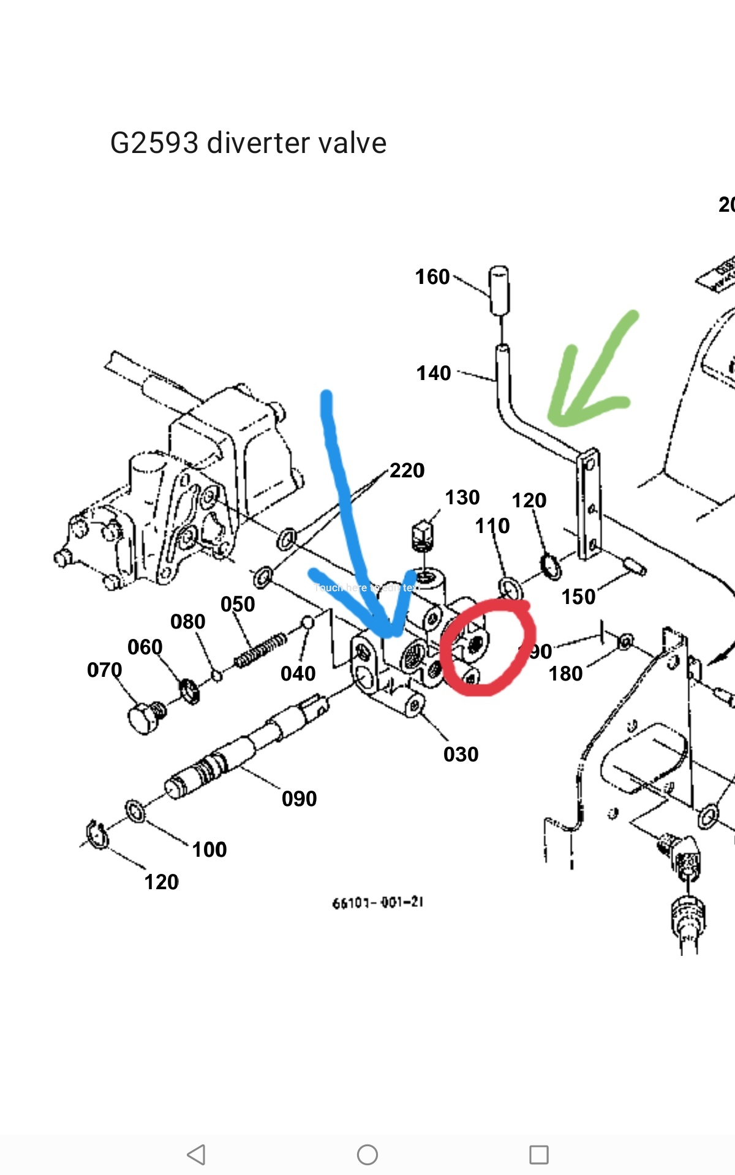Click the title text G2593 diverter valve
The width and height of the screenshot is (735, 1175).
tap(248, 143)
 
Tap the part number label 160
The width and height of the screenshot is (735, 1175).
tap(432, 277)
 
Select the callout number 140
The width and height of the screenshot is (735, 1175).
tap(434, 373)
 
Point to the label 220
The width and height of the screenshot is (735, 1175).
tap(407, 471)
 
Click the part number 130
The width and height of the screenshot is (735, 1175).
tap(462, 498)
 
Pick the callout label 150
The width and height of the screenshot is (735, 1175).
tap(578, 597)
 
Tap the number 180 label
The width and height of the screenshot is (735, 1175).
tap(565, 674)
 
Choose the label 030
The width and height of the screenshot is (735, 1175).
tap(461, 755)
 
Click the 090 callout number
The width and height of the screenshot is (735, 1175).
tap(300, 799)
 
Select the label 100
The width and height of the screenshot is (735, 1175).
tap(209, 849)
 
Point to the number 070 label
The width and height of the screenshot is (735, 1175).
tap(105, 670)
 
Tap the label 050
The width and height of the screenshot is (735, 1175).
tap(238, 605)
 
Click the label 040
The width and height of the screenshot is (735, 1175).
tap(298, 674)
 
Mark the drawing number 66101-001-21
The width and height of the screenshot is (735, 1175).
tap(378, 903)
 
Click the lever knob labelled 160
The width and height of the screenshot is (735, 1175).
tap(499, 289)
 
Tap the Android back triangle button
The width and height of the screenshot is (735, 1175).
tap(197, 1155)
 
